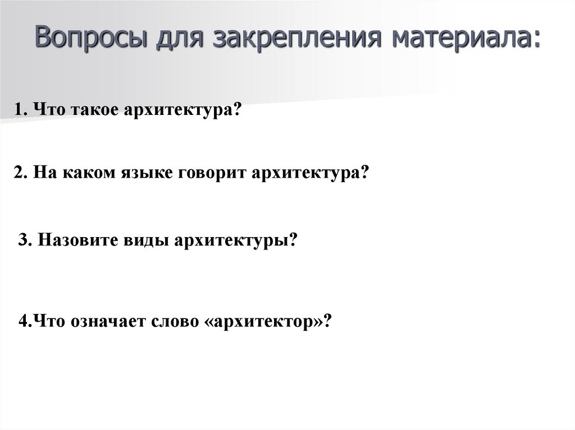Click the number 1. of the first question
tap(22, 110)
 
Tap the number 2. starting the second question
tap(21, 172)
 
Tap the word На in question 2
tap(43, 172)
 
